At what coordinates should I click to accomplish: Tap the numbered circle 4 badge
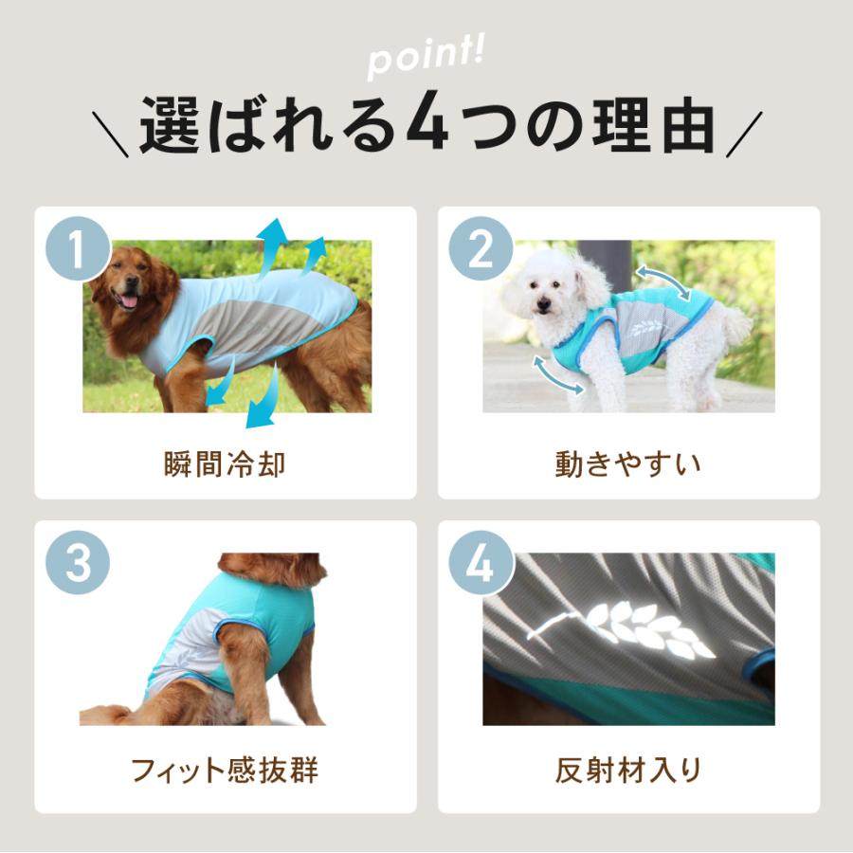(x=481, y=564)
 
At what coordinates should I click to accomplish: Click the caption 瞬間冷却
(x=225, y=464)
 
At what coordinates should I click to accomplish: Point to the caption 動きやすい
(x=628, y=464)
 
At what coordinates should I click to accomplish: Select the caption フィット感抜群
(x=225, y=770)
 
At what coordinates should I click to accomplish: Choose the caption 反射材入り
(x=628, y=770)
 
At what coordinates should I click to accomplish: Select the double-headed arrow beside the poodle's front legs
(x=556, y=374)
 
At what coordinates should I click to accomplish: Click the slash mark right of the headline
(x=741, y=134)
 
